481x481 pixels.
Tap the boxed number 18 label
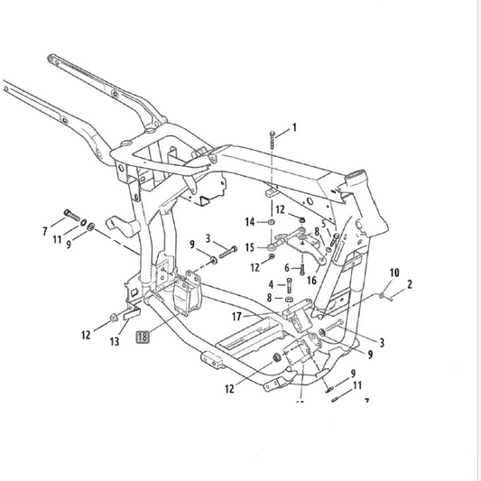pyautogui.click(x=143, y=338)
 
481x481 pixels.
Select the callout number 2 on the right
pyautogui.click(x=409, y=284)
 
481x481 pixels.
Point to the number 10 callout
pyautogui.click(x=393, y=273)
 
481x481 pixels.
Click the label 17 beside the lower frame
pyautogui.click(x=236, y=316)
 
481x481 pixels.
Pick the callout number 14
pyautogui.click(x=249, y=221)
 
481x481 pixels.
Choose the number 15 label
pyautogui.click(x=249, y=246)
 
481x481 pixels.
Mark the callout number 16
pyautogui.click(x=312, y=281)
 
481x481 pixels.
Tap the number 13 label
pyautogui.click(x=115, y=343)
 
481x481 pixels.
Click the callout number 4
pyautogui.click(x=270, y=284)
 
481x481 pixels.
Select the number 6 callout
pyautogui.click(x=287, y=268)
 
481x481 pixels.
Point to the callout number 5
pyautogui.click(x=323, y=224)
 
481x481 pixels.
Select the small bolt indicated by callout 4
pyautogui.click(x=288, y=286)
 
